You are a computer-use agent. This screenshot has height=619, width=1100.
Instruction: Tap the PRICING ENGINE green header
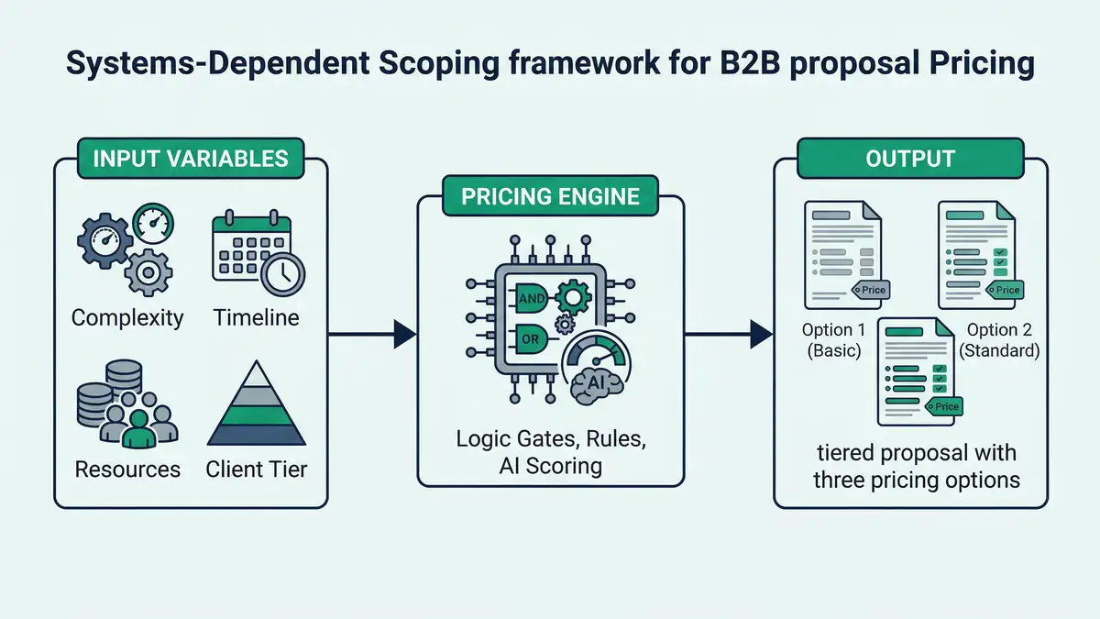coord(550,196)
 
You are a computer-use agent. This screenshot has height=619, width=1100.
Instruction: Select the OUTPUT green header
coord(910,159)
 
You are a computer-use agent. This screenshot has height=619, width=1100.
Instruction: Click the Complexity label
coord(127,318)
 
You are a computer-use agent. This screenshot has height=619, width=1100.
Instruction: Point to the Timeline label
coord(256,318)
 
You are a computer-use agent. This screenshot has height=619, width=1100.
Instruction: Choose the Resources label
coord(127,470)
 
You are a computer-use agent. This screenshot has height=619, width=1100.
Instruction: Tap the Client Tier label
coord(257,470)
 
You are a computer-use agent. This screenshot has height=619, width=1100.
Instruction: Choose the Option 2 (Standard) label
coord(999,339)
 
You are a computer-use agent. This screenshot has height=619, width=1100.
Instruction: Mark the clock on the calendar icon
coord(282,271)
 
